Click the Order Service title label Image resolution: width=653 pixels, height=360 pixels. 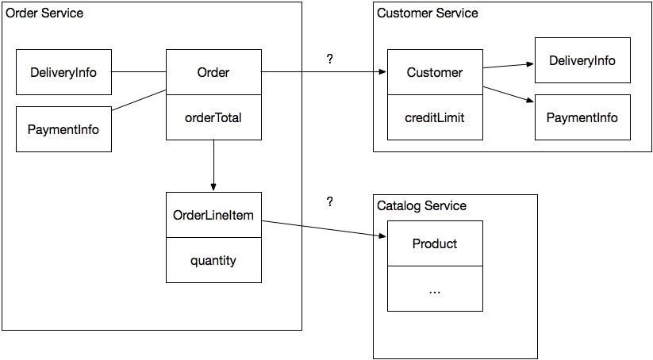pyautogui.click(x=44, y=13)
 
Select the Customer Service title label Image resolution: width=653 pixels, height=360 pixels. pyautogui.click(x=428, y=13)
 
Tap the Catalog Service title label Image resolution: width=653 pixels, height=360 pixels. pyautogui.click(x=421, y=206)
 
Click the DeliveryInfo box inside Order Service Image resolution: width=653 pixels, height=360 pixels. pyautogui.click(x=63, y=73)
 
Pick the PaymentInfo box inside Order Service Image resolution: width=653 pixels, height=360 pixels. pyautogui.click(x=63, y=128)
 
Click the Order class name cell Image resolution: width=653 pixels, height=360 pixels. pyautogui.click(x=213, y=73)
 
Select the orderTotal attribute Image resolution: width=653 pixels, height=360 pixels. pyautogui.click(x=213, y=118)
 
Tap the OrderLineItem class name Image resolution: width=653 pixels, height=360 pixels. pyautogui.click(x=213, y=215)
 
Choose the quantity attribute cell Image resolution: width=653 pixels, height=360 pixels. pyautogui.click(x=213, y=260)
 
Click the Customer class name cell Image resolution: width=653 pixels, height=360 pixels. pyautogui.click(x=435, y=73)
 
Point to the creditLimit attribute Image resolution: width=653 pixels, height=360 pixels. pyautogui.click(x=435, y=117)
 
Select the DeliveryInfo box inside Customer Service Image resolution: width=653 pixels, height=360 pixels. pyautogui.click(x=582, y=60)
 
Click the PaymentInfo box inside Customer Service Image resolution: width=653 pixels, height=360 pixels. pyautogui.click(x=582, y=117)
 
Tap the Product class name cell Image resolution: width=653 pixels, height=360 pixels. pyautogui.click(x=435, y=243)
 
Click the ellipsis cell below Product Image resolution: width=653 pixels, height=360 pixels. pyautogui.click(x=435, y=289)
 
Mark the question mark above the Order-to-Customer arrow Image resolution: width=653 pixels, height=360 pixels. pyautogui.click(x=329, y=59)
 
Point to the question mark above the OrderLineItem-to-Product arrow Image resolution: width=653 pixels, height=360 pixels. pyautogui.click(x=329, y=202)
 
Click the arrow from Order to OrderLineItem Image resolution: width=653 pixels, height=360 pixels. pyautogui.click(x=213, y=166)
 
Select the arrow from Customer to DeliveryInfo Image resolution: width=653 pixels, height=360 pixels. pyautogui.click(x=509, y=65)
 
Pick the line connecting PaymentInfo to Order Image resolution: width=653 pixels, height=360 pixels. pyautogui.click(x=139, y=100)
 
